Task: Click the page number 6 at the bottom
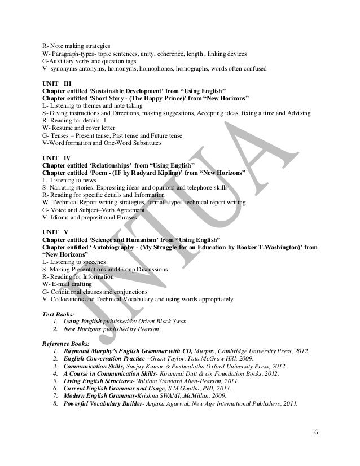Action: (315, 433)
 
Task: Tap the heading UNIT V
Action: (55, 232)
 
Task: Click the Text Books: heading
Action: (59, 313)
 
